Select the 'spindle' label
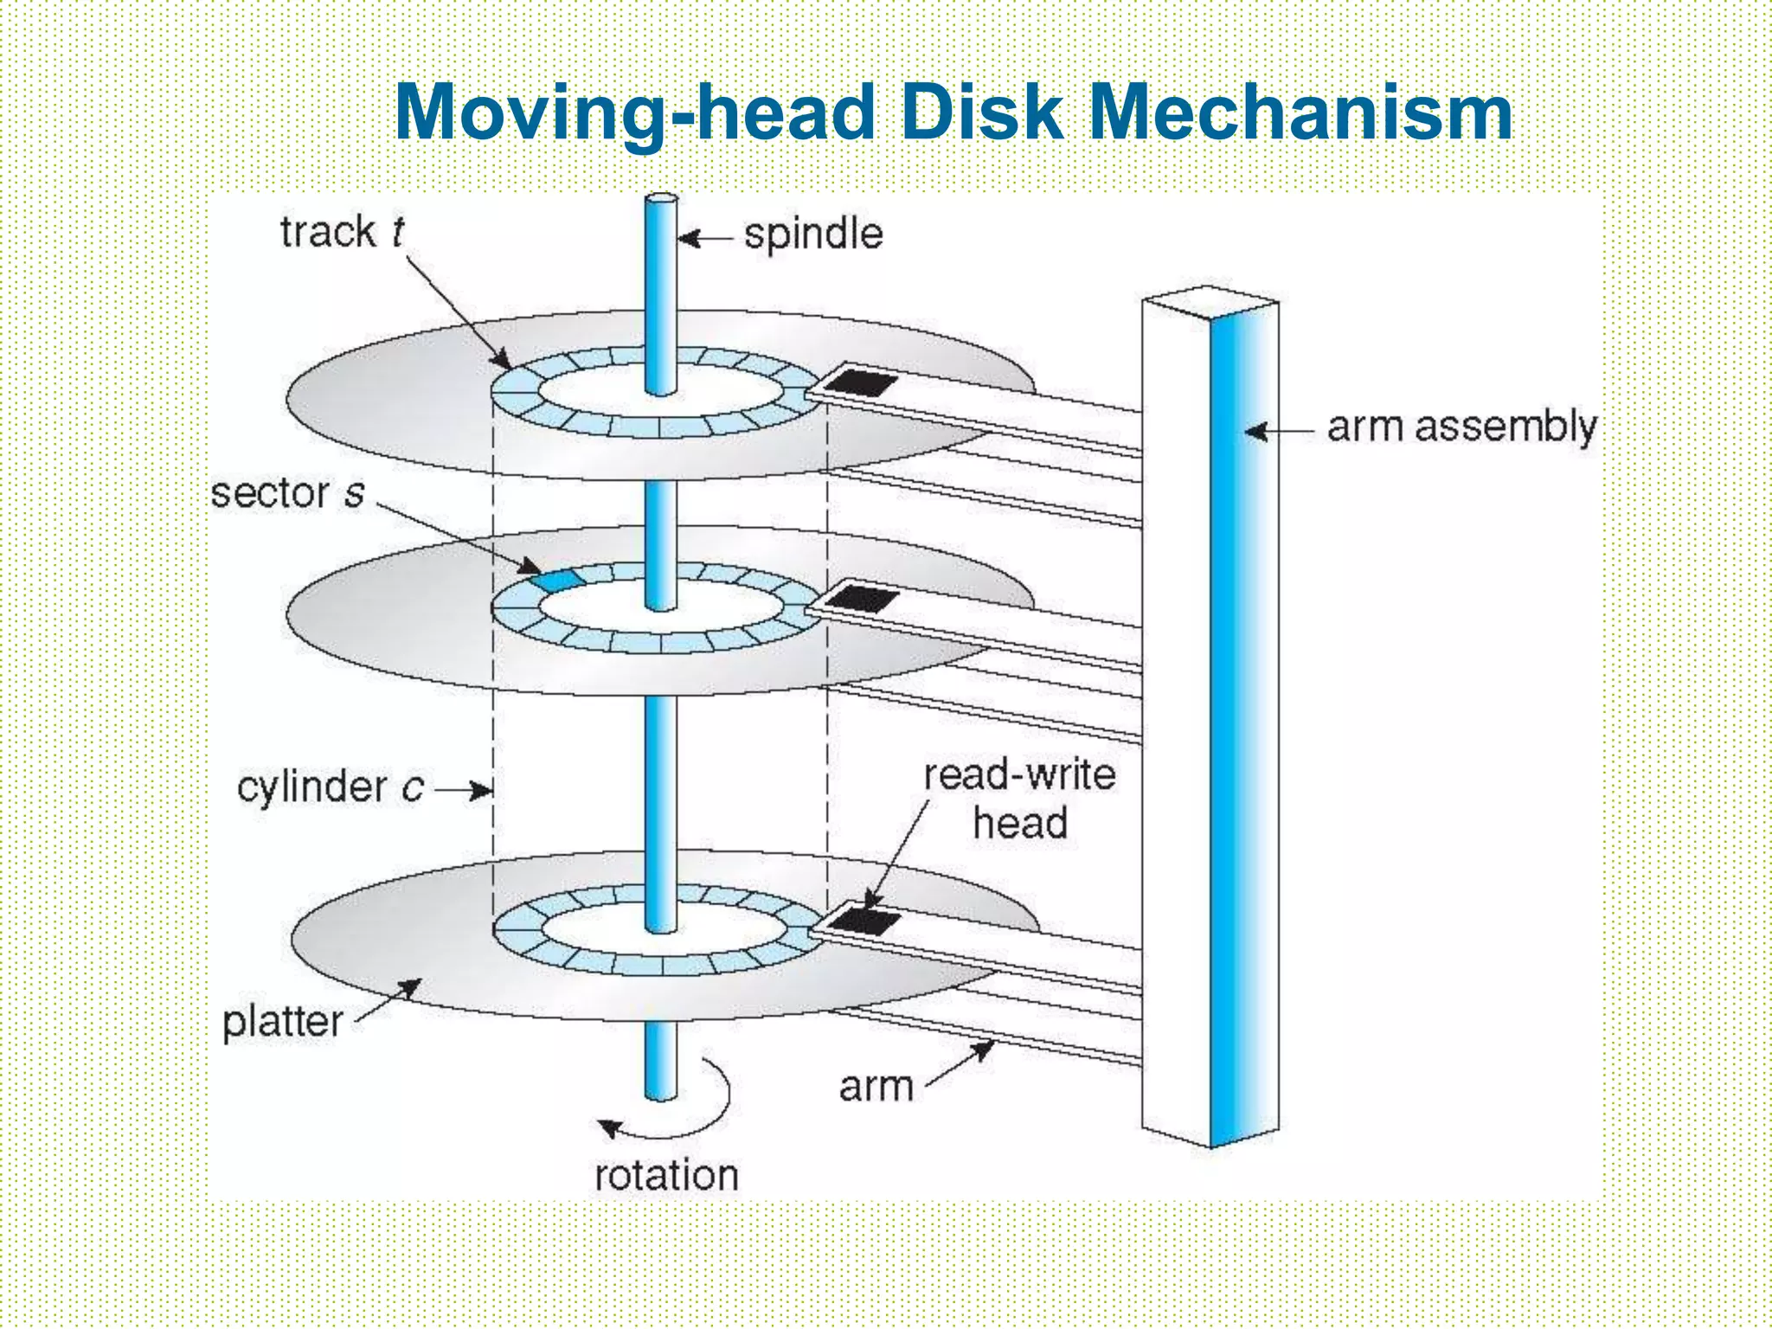(813, 234)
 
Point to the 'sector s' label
(287, 493)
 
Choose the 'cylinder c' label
(330, 787)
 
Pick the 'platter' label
(283, 1022)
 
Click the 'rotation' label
(666, 1175)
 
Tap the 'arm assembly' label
(1461, 427)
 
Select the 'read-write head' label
(1019, 799)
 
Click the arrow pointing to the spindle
(705, 238)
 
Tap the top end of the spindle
(661, 200)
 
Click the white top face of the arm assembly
(1210, 299)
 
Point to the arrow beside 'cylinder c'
(464, 789)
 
